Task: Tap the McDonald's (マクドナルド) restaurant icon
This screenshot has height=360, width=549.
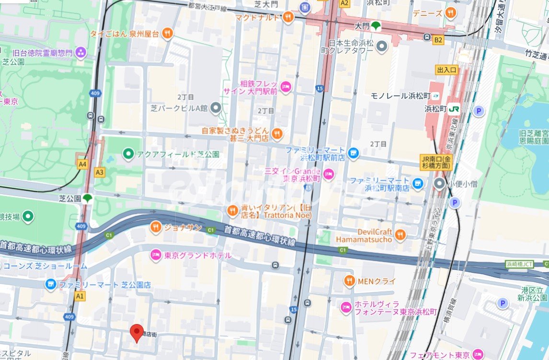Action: [x=288, y=18]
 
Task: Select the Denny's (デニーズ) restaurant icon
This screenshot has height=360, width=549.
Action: [x=450, y=13]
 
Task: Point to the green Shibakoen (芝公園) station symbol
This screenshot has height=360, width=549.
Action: [x=87, y=198]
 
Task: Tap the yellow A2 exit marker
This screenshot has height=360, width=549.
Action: [x=344, y=3]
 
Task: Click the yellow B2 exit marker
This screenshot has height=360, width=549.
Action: [x=438, y=40]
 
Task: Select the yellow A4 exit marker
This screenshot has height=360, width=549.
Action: [x=83, y=164]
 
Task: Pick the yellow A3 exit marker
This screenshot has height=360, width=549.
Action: [x=100, y=172]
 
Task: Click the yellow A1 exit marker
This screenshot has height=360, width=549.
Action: [x=80, y=297]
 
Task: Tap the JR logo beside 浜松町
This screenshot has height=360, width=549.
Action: [x=454, y=108]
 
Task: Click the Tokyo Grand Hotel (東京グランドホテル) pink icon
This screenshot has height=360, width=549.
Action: [x=155, y=255]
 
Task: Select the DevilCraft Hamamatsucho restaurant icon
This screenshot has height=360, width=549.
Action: [x=400, y=234]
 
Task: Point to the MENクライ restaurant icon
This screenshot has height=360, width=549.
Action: [x=350, y=281]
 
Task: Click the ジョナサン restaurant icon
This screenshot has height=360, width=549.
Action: [x=155, y=227]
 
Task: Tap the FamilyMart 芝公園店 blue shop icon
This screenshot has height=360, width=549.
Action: [x=51, y=285]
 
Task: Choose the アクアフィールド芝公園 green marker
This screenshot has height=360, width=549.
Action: [x=128, y=154]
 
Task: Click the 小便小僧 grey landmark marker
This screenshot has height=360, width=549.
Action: [x=439, y=183]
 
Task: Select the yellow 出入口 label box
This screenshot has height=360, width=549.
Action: [x=447, y=70]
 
